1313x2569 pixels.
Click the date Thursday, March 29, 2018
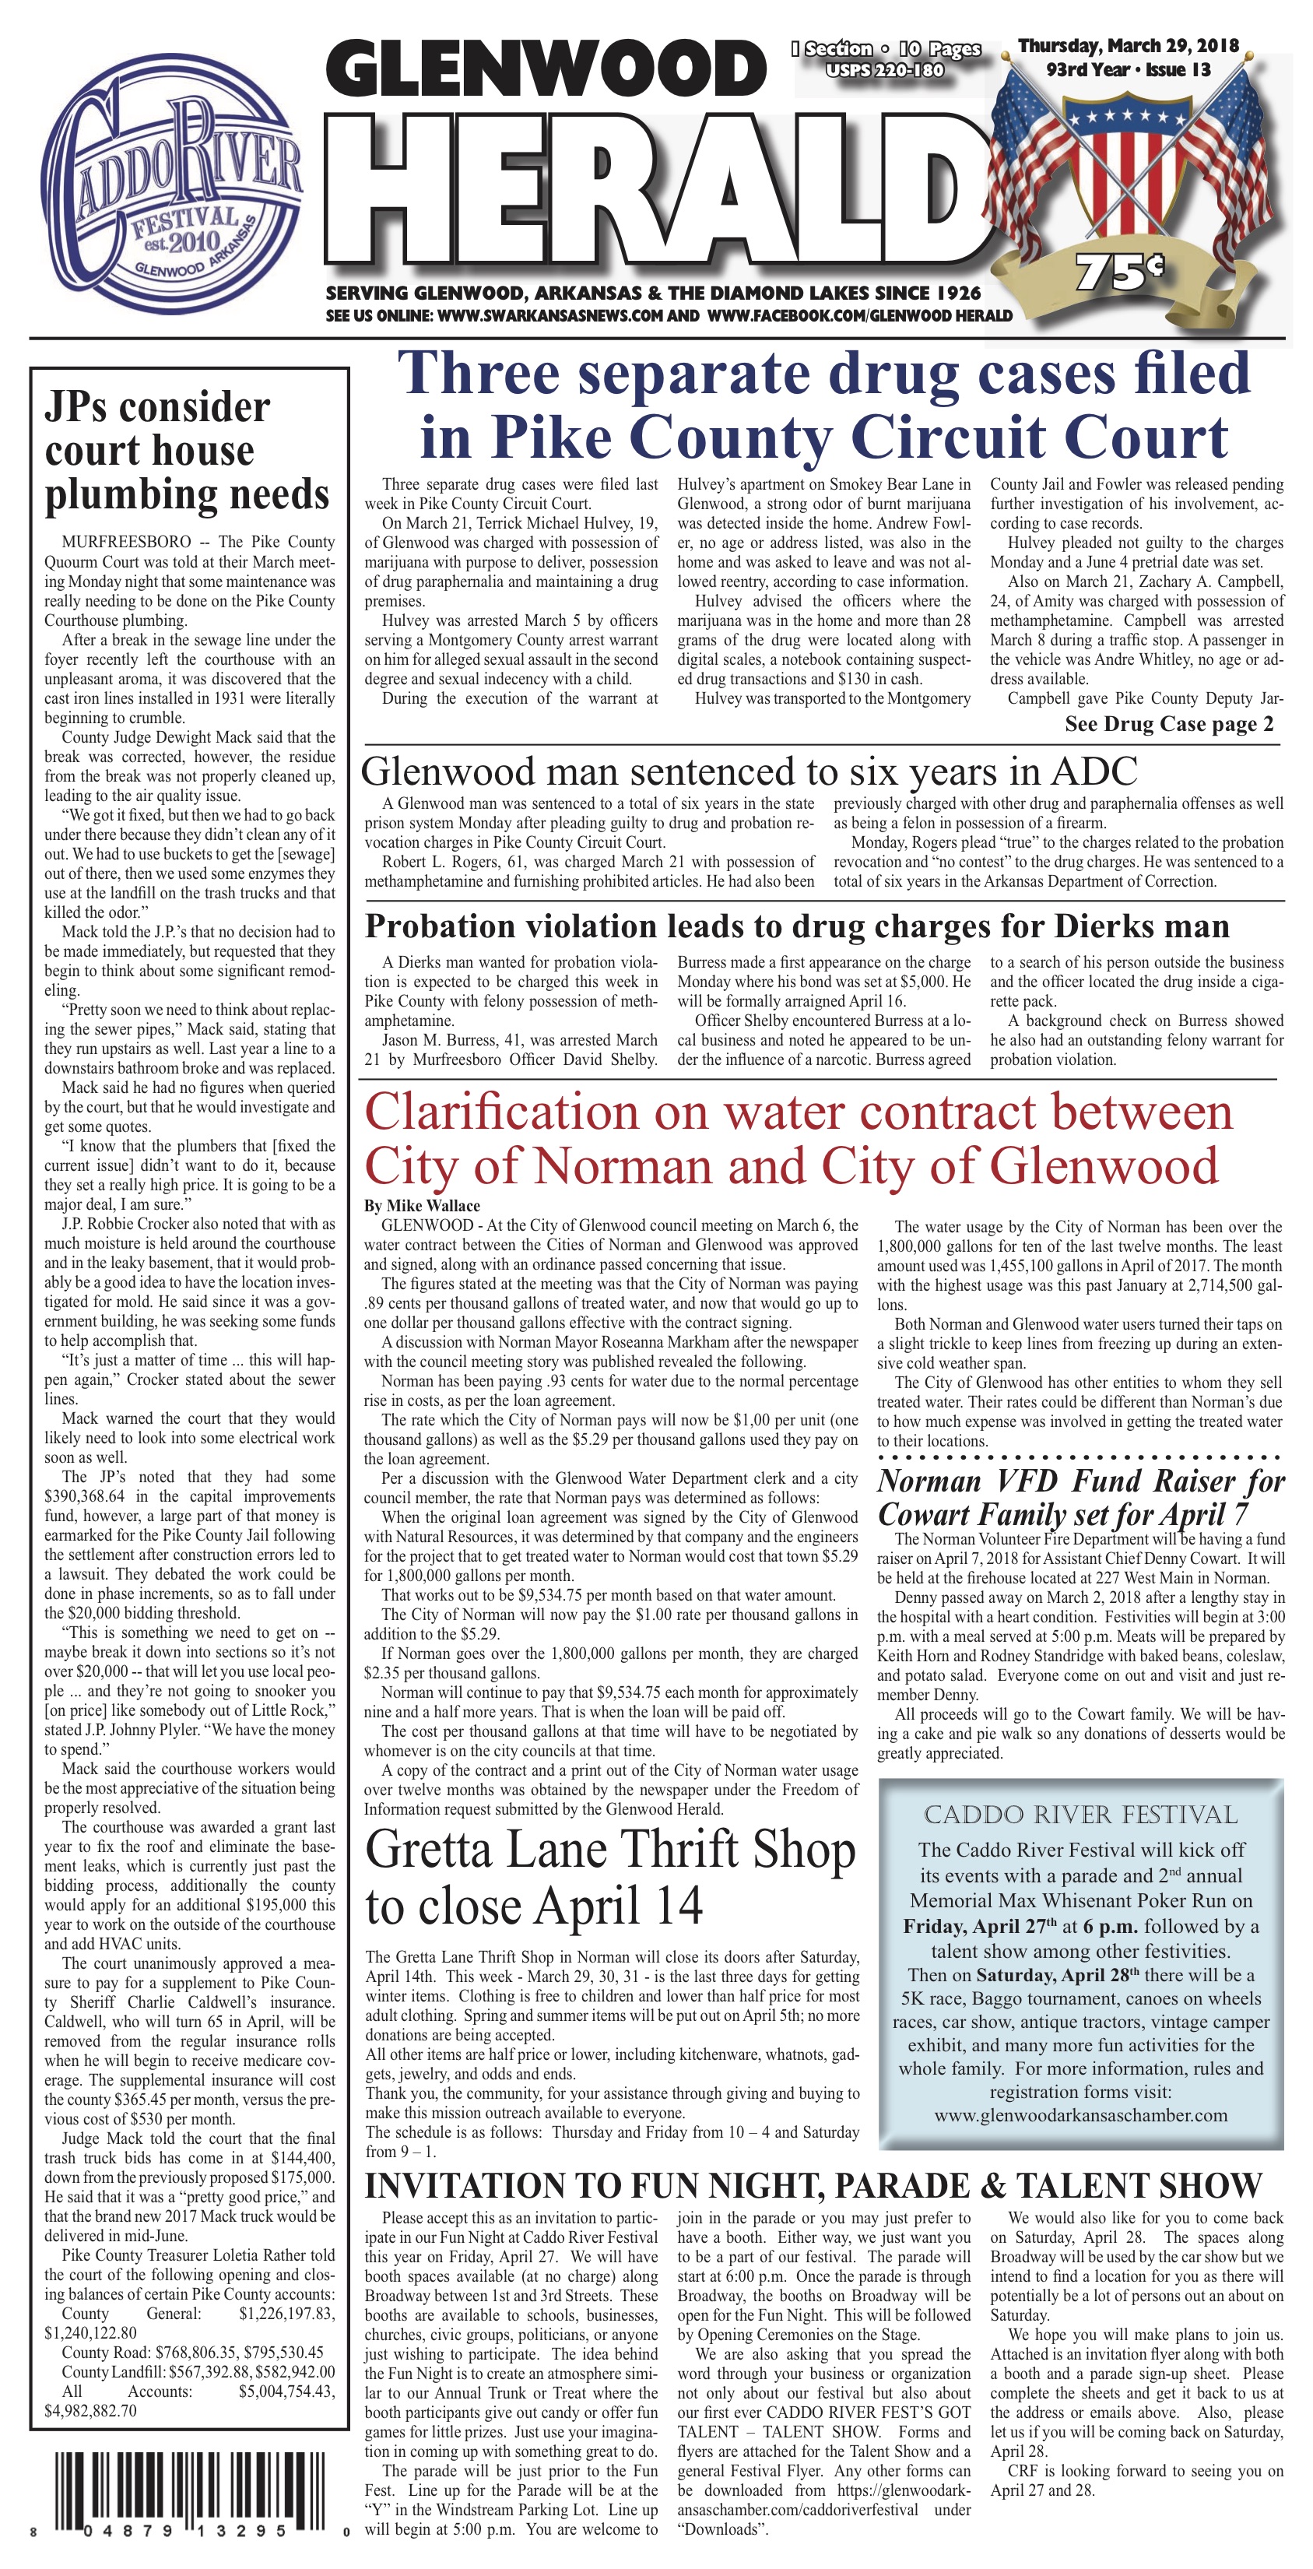coord(1128,46)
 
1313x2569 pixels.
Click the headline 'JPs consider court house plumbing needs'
coord(187,451)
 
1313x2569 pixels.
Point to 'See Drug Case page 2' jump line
coord(1167,725)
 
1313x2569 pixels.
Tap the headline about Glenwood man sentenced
coord(749,772)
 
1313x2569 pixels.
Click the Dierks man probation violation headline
coord(796,926)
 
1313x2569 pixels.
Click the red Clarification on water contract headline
coord(798,1138)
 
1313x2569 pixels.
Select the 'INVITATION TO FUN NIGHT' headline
coord(813,2187)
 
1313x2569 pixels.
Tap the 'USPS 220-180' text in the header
coord(884,71)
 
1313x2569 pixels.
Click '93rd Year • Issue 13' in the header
coord(1128,71)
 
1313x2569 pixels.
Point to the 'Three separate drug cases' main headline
coord(823,405)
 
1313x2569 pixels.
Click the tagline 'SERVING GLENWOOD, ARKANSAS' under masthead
coord(653,293)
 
